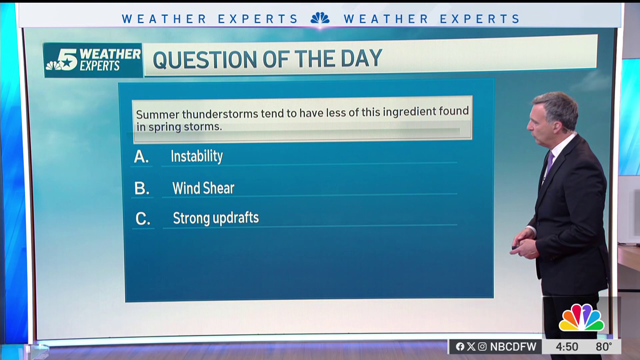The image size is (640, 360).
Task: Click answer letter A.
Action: [141, 156]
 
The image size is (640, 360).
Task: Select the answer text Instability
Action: [197, 156]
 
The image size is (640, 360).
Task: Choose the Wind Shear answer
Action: [203, 188]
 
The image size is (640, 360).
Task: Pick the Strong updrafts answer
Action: [216, 218]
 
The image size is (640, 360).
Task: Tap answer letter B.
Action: [142, 188]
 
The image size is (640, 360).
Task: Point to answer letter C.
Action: [143, 219]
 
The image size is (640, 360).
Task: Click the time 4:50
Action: [567, 347]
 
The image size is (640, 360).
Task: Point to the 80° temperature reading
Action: [604, 347]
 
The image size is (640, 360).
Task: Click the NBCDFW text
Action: [513, 347]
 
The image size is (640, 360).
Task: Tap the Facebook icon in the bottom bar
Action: [460, 347]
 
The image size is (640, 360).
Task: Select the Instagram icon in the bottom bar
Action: [482, 347]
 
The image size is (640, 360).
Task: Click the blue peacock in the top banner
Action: [320, 18]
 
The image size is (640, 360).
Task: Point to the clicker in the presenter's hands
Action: [515, 247]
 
